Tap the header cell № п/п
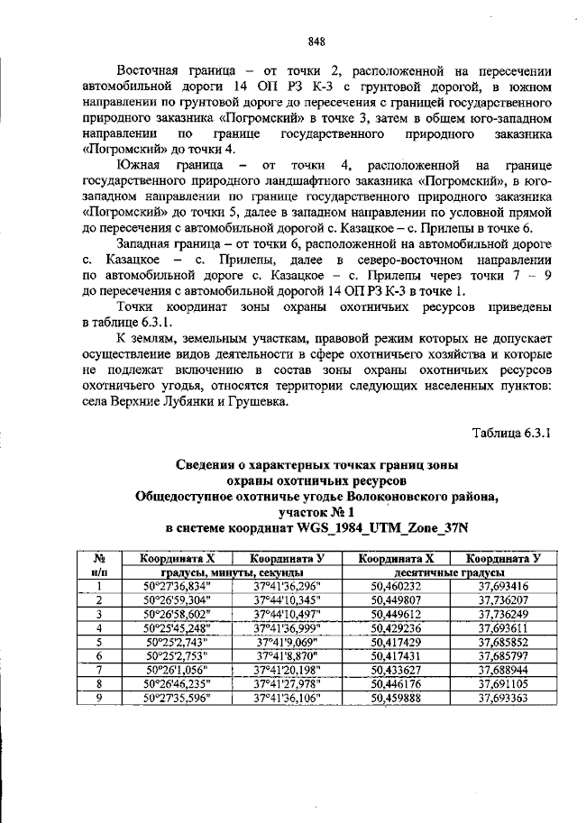pyautogui.click(x=101, y=565)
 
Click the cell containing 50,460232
pyautogui.click(x=396, y=585)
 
